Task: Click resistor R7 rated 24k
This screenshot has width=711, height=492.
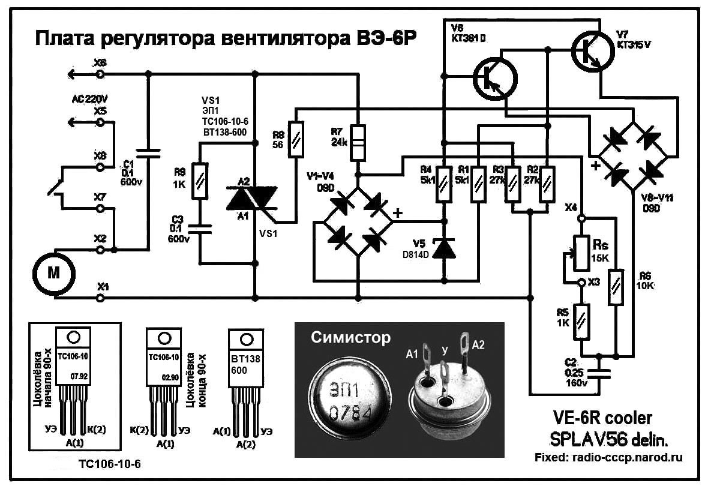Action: click(358, 142)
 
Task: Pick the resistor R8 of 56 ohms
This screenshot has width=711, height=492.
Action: click(296, 140)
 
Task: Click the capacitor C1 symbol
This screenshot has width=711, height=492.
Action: click(149, 153)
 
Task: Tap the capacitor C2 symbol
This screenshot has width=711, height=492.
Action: click(601, 373)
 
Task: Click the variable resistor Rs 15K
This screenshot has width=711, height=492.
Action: click(581, 246)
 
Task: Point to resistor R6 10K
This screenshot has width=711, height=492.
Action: click(617, 287)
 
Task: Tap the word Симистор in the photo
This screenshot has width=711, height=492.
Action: click(350, 338)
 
